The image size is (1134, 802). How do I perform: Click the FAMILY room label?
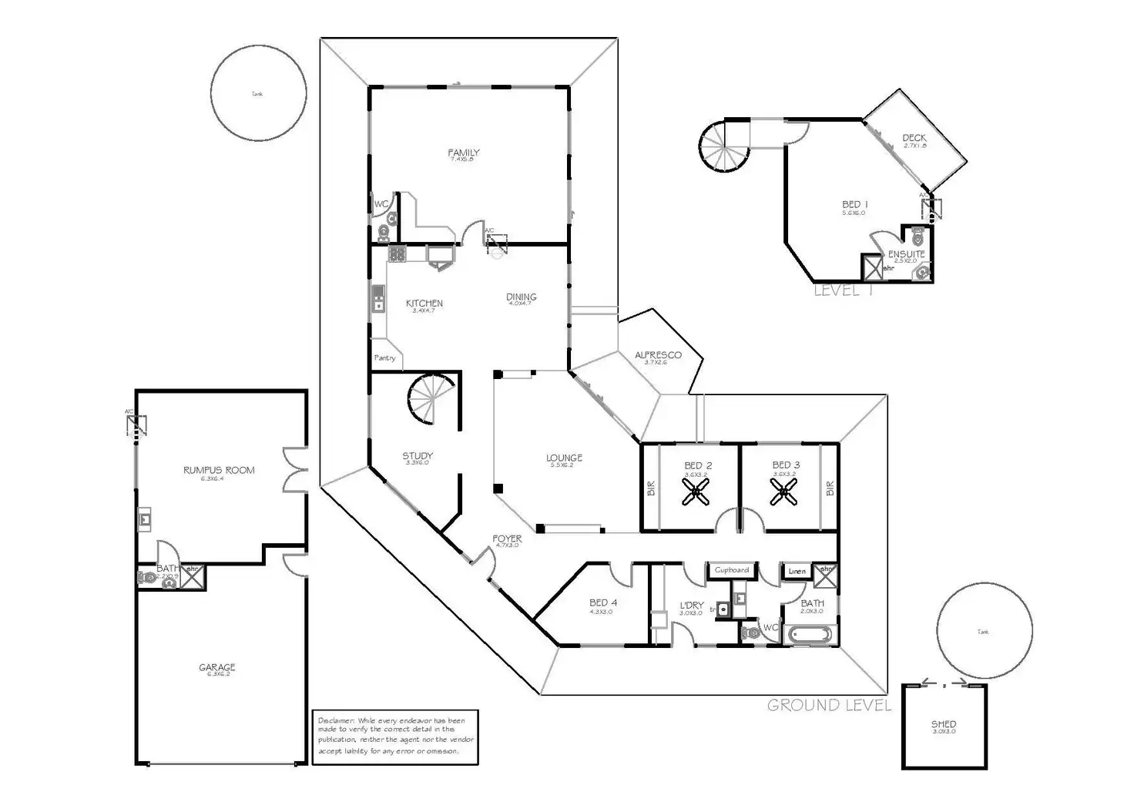pyautogui.click(x=463, y=153)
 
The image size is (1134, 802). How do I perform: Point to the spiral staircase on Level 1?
pyautogui.click(x=725, y=146)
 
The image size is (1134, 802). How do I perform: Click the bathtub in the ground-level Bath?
pyautogui.click(x=808, y=636)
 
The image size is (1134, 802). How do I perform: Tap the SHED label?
pyautogui.click(x=943, y=724)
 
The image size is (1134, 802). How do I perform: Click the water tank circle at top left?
pyautogui.click(x=258, y=92)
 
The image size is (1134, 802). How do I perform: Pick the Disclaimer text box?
pyautogui.click(x=394, y=736)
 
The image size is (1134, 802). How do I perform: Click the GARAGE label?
pyautogui.click(x=216, y=667)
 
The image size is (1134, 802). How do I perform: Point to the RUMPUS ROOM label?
pyautogui.click(x=219, y=470)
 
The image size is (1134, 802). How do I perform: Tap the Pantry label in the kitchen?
pyautogui.click(x=384, y=357)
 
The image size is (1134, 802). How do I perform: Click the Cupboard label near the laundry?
pyautogui.click(x=731, y=570)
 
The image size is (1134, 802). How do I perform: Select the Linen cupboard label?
pyautogui.click(x=797, y=571)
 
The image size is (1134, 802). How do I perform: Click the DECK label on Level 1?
pyautogui.click(x=914, y=139)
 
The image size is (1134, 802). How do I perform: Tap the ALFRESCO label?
pyautogui.click(x=658, y=355)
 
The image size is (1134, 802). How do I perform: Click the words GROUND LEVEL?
pyautogui.click(x=829, y=705)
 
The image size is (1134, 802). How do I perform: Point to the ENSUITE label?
pyautogui.click(x=906, y=254)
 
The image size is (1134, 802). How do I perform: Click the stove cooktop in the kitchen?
pyautogui.click(x=397, y=253)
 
